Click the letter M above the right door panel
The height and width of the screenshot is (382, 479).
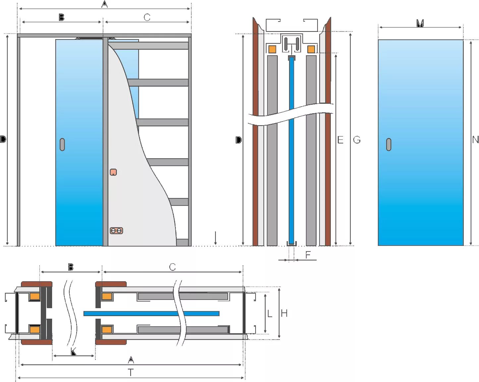coord(420,23)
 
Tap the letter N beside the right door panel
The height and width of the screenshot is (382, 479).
coord(475,139)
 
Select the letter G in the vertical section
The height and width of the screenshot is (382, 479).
coord(357,140)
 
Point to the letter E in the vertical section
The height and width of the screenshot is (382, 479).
coord(340,140)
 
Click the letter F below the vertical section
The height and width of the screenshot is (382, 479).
coord(308,255)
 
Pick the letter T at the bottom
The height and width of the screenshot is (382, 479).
coord(131,373)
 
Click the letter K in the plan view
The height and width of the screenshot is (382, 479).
coord(74,352)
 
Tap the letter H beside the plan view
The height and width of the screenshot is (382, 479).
coord(284,313)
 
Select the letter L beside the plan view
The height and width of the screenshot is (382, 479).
coord(269,313)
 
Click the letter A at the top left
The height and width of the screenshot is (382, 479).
coord(105,4)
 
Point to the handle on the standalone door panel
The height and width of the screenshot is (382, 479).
coord(389,144)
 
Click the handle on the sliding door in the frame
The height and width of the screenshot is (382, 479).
coord(62,144)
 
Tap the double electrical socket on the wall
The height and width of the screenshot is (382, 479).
coord(116,231)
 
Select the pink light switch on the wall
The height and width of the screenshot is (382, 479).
coord(113,172)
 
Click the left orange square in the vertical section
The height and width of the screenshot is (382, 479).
coord(272,49)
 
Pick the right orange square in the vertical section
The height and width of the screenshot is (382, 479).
coord(311,49)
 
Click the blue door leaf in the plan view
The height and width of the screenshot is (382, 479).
coord(151,313)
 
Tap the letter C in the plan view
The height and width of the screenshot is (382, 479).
coord(172,267)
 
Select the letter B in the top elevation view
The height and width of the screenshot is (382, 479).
coord(61,17)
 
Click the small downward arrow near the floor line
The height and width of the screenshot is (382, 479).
coord(215,239)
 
